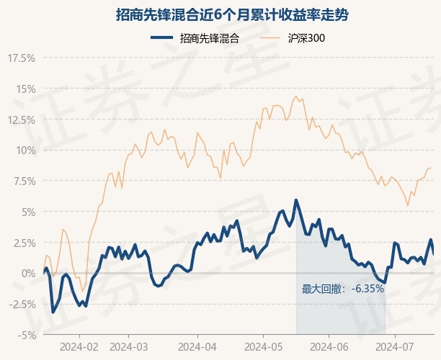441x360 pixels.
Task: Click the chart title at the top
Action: [232, 14]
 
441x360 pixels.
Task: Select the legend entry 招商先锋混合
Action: [210, 38]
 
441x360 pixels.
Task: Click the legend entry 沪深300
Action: [306, 38]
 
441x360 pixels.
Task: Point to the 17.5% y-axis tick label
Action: [22, 58]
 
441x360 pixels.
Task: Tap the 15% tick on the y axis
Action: [26, 89]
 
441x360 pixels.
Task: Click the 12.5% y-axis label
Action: [22, 120]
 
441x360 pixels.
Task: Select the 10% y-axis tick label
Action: [26, 150]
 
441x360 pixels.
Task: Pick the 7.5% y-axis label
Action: [24, 181]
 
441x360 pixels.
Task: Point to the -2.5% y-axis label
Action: [22, 304]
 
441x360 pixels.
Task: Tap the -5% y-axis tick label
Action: [27, 335]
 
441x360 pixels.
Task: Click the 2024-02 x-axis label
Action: [79, 347]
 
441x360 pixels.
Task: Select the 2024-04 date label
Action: [197, 347]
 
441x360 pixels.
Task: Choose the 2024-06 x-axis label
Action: [329, 347]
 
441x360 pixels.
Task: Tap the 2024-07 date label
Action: [395, 347]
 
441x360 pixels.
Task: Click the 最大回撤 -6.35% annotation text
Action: [343, 289]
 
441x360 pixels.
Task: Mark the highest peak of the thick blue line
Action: [296, 200]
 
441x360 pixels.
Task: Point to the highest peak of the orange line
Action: [296, 96]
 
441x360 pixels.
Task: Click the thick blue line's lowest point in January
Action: [53, 312]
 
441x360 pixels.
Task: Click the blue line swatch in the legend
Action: [161, 37]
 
